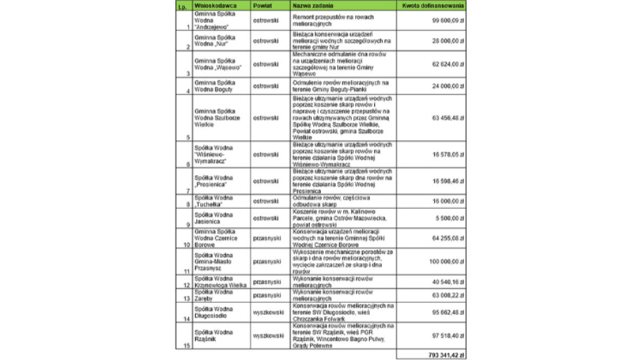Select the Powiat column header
[x=264, y=6]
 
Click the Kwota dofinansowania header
[x=433, y=6]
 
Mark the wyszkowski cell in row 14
[x=268, y=312]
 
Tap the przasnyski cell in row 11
[x=267, y=261]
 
